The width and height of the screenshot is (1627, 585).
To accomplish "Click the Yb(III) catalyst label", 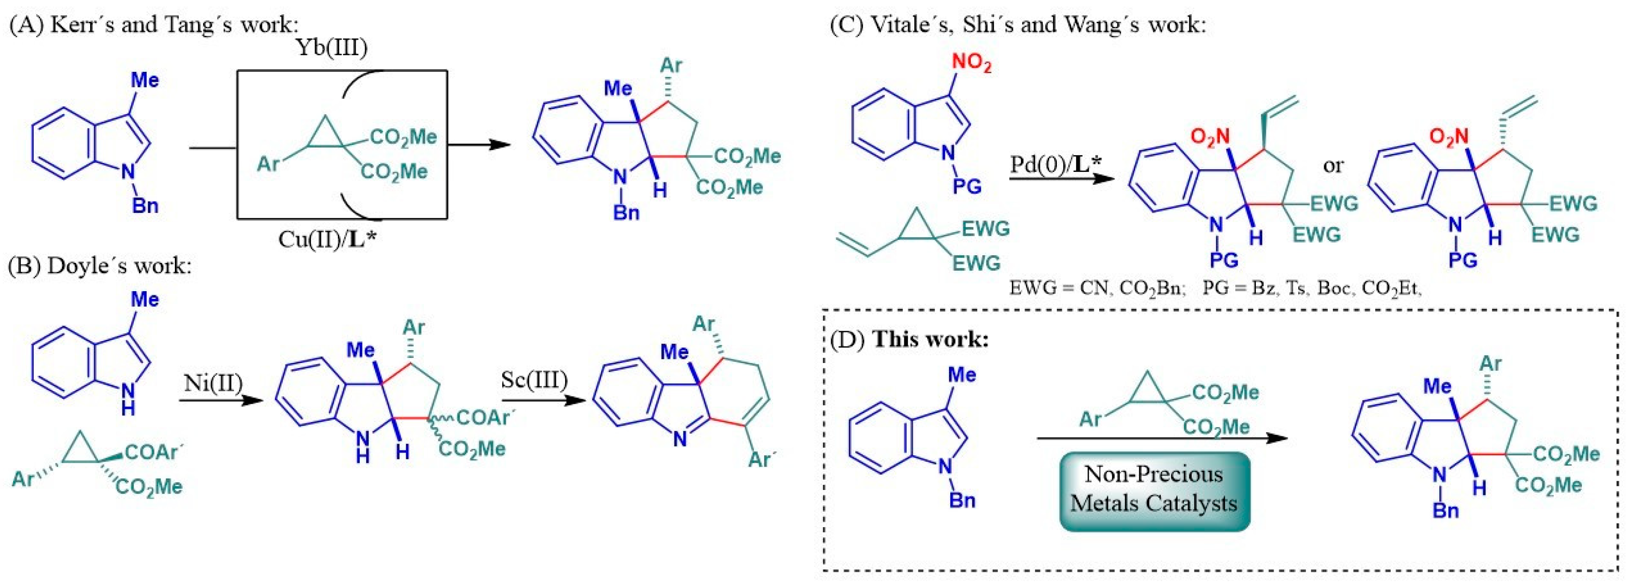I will tap(332, 49).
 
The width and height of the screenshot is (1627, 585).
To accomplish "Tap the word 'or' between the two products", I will tap(1333, 165).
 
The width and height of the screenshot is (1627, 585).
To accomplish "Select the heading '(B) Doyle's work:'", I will tap(99, 266).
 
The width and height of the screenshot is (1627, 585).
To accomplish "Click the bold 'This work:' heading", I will tap(930, 339).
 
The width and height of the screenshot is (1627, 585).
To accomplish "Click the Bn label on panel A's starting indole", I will tap(145, 206).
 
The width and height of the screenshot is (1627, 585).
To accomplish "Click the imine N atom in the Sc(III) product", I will tap(679, 439).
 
